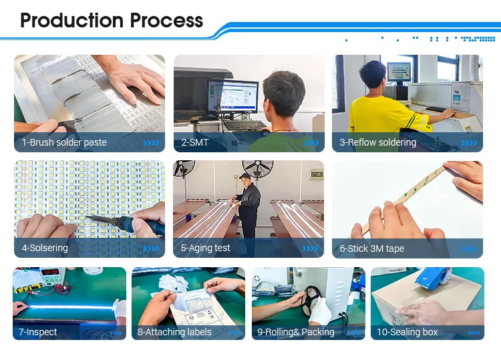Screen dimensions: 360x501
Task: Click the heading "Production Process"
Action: [x=112, y=20]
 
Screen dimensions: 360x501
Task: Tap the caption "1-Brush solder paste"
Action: [x=64, y=142]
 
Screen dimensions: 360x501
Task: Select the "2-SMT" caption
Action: [x=195, y=142]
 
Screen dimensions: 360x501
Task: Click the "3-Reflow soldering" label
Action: [x=377, y=142]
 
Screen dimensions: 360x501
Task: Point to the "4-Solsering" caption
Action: [x=45, y=248]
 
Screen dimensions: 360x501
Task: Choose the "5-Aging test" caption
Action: [x=205, y=248]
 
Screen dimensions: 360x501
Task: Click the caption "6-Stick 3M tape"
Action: [x=371, y=248]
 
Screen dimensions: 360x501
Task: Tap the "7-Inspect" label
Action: [x=38, y=332]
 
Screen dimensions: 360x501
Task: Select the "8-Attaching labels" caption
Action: [x=174, y=332]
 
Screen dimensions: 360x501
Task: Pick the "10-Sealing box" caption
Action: [x=407, y=332]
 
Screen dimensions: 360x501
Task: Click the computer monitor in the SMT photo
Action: [x=232, y=98]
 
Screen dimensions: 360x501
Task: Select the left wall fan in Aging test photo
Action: [x=184, y=168]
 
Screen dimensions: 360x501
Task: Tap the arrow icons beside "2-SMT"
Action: [x=311, y=142]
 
